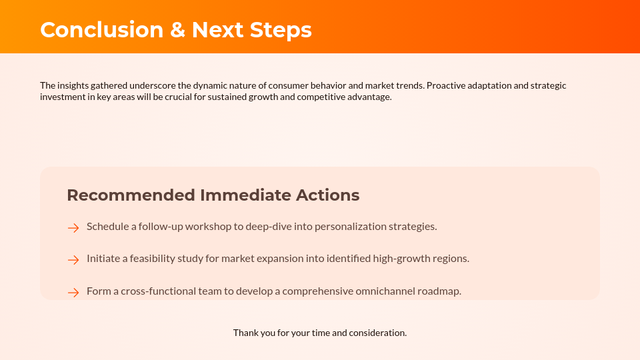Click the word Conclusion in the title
click(x=102, y=30)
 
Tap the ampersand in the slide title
click(x=177, y=30)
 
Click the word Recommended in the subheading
click(x=131, y=195)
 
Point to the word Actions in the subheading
click(x=328, y=195)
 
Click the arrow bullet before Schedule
click(x=73, y=228)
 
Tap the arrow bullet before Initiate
click(x=73, y=260)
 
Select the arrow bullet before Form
click(x=73, y=293)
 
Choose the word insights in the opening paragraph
click(x=73, y=86)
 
